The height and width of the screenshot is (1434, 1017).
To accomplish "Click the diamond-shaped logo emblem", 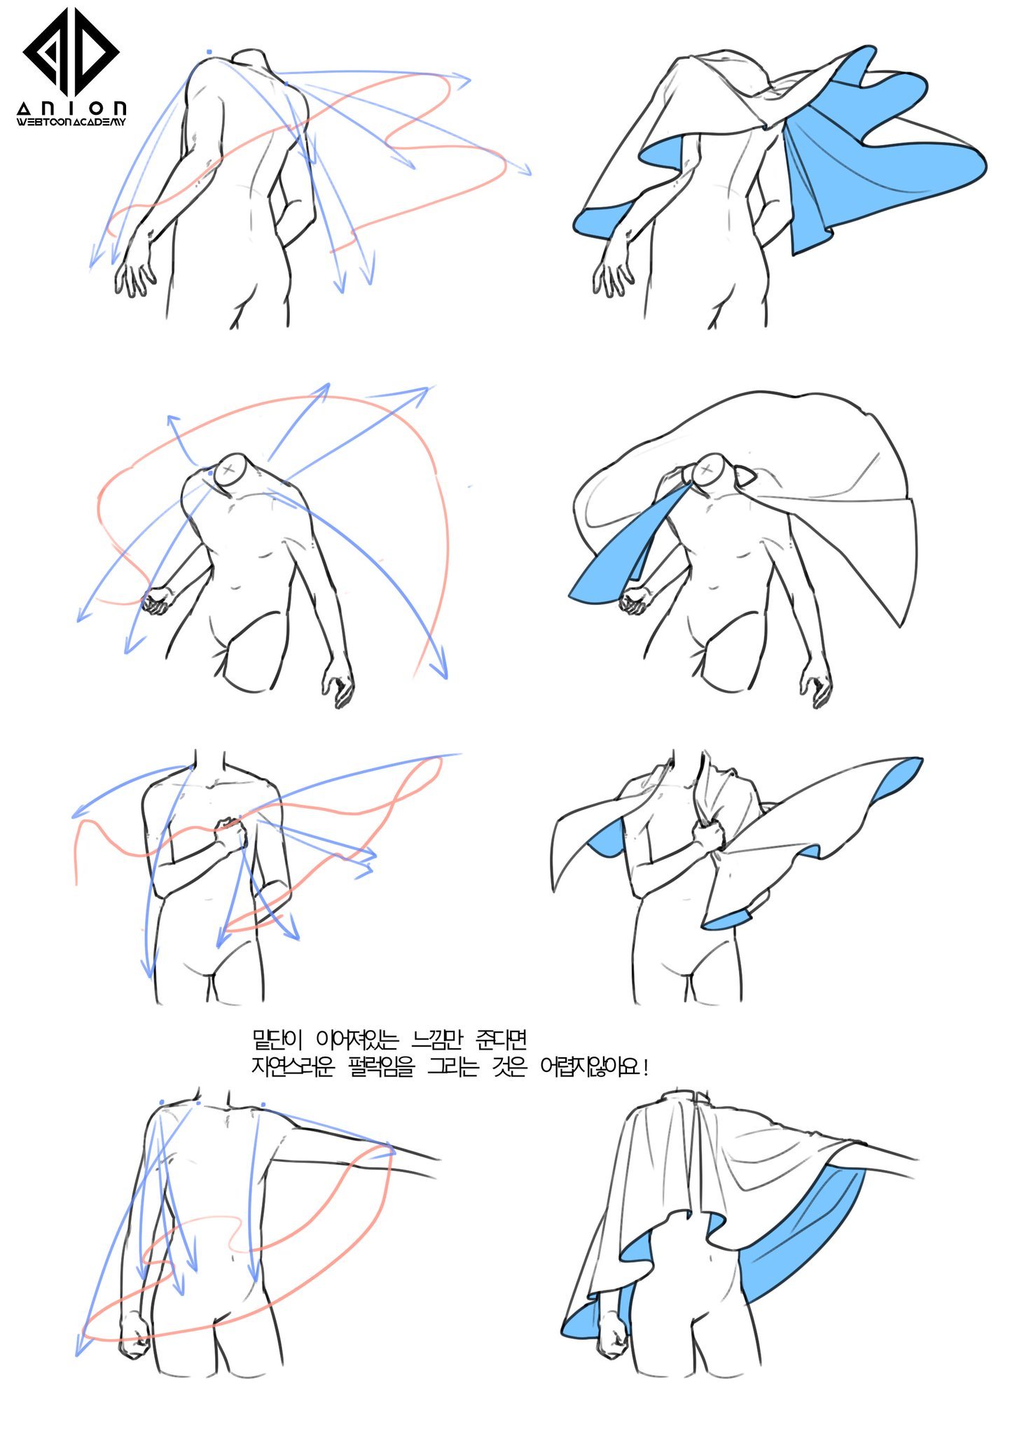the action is tap(71, 51).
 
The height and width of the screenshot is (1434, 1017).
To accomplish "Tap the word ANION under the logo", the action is tap(72, 109).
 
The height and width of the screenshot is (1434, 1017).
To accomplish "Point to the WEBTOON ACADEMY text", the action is tap(71, 122).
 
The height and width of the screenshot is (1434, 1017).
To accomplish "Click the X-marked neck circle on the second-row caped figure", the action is tap(707, 468).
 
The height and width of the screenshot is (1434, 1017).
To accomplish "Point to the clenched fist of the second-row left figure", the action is tap(158, 600).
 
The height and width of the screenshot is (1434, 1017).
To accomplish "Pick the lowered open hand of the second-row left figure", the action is tap(339, 681).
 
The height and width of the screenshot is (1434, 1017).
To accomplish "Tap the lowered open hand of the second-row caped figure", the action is tap(817, 681).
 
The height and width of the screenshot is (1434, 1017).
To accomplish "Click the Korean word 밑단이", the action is tap(277, 1040).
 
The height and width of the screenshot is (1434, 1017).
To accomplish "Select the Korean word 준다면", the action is tap(501, 1040).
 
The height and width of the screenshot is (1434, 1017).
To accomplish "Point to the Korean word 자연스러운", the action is tap(293, 1067).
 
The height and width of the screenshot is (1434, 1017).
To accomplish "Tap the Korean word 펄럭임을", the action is tap(381, 1067).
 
